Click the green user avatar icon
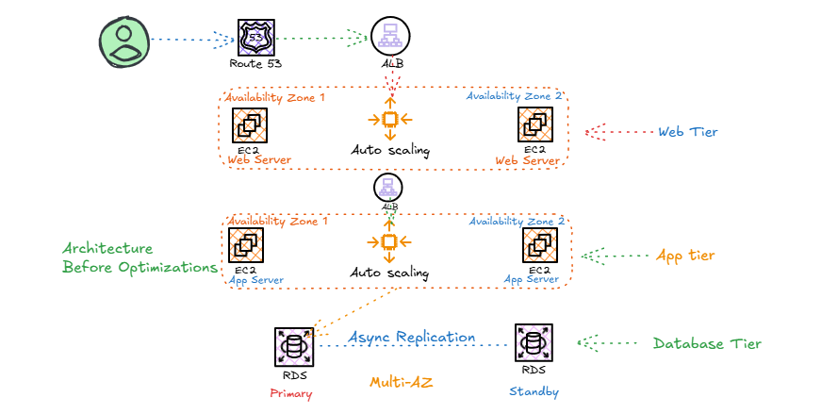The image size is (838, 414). [x=124, y=42]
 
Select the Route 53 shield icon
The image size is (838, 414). [x=256, y=38]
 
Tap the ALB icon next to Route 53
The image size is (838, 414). [x=390, y=37]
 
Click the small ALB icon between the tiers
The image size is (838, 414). [x=388, y=189]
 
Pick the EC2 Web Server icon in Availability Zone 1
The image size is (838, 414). [x=250, y=125]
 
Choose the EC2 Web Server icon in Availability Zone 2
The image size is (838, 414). [x=535, y=124]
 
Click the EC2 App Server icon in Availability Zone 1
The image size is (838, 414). [x=246, y=245]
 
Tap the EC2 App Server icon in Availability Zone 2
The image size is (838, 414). [x=540, y=245]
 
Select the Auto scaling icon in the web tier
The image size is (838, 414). [x=390, y=119]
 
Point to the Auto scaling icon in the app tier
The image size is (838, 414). [x=389, y=241]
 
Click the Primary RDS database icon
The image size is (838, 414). [x=294, y=347]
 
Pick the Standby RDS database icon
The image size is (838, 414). [x=534, y=343]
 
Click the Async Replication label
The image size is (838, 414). [x=412, y=338]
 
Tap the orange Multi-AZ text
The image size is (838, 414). [x=401, y=383]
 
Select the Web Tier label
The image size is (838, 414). [x=688, y=132]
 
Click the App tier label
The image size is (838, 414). [x=685, y=256]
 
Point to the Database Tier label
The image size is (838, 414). [x=707, y=343]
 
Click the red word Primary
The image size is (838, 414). [x=290, y=394]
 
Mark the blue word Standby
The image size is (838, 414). [x=534, y=391]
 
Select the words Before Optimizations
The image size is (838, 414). [x=140, y=267]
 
